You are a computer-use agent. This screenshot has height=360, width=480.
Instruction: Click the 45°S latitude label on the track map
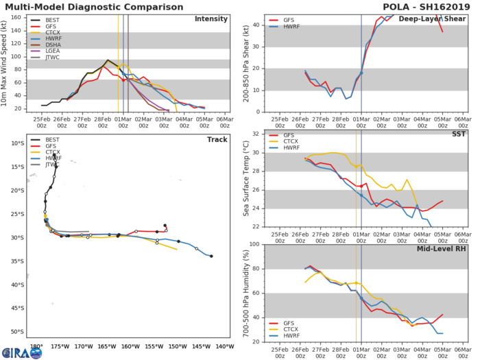tap(21, 309)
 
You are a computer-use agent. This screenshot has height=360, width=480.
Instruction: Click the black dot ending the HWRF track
tap(211, 256)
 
